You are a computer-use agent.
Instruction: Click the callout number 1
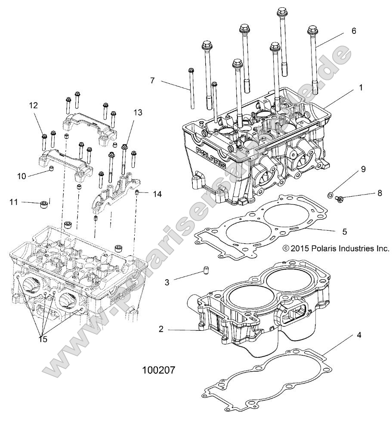(x=361, y=87)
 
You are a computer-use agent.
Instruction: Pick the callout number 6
(x=354, y=31)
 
